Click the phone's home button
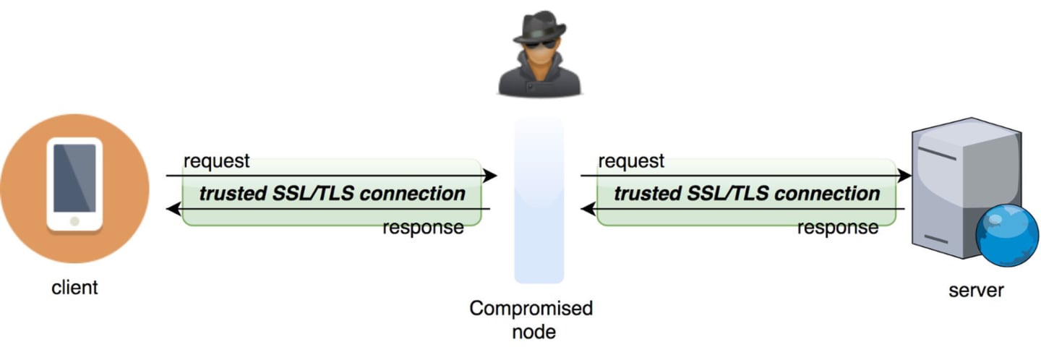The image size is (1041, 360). [74, 220]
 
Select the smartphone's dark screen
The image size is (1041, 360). [74, 177]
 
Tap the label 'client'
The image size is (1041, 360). [74, 288]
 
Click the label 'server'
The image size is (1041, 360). [976, 291]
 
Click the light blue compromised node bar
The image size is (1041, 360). [539, 202]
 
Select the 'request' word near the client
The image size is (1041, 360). [216, 160]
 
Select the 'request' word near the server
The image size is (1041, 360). [631, 160]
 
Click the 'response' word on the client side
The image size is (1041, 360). [423, 228]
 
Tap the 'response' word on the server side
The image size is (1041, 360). [838, 228]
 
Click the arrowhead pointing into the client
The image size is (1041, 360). [172, 210]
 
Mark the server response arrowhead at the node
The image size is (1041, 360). [587, 210]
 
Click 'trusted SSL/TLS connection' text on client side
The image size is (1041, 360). [332, 194]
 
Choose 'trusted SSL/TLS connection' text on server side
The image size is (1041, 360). [747, 194]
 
